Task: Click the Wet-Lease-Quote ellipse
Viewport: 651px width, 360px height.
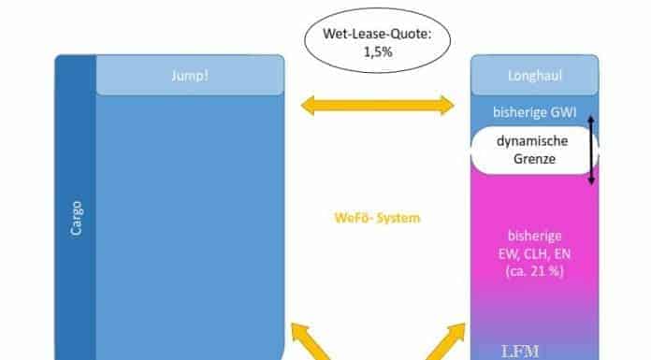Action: pos(377,41)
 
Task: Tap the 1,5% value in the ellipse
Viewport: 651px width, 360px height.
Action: pos(378,52)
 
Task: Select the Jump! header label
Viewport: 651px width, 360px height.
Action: pos(190,76)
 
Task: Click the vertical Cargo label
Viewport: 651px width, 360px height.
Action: pos(77,219)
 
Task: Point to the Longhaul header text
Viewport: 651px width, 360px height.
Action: pos(535,76)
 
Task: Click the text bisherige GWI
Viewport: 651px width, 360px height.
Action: pos(535,112)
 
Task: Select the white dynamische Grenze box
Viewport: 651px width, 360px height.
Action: pos(534,150)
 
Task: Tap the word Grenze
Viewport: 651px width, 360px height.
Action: pos(534,159)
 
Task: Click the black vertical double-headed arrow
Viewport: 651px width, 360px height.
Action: pos(591,151)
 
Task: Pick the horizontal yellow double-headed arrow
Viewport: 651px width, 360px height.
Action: pos(377,106)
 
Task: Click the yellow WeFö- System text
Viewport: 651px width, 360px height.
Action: pos(377,218)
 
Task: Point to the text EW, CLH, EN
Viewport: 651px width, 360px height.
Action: pos(535,253)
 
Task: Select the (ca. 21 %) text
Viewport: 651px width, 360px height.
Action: pos(535,271)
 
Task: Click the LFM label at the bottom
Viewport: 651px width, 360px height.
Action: pos(520,352)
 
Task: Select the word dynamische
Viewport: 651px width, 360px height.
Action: pos(532,141)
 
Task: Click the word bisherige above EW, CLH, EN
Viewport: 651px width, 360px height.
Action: pos(535,236)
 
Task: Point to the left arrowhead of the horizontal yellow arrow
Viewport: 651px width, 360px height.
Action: pos(308,106)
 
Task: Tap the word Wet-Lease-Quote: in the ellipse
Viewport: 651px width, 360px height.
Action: pos(377,34)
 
